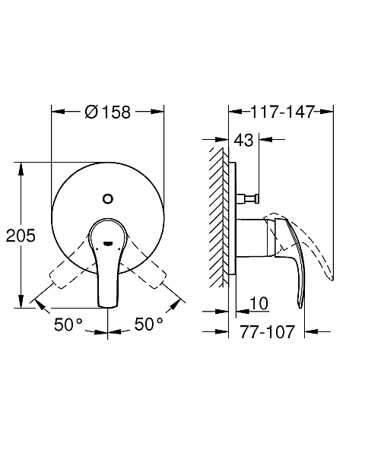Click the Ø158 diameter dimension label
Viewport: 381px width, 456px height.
coord(108,112)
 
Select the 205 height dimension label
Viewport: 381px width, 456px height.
coord(21,236)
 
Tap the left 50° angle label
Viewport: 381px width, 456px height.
coord(68,324)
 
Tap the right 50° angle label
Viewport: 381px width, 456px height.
coord(148,324)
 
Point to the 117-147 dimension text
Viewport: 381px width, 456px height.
coord(282,112)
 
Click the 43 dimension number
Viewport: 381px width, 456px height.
coord(244,140)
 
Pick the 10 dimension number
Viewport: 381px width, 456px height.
coord(259,303)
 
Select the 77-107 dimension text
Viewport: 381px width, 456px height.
coord(267,332)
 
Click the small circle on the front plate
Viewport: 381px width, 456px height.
coord(108,199)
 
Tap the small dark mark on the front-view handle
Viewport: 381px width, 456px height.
coord(108,243)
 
